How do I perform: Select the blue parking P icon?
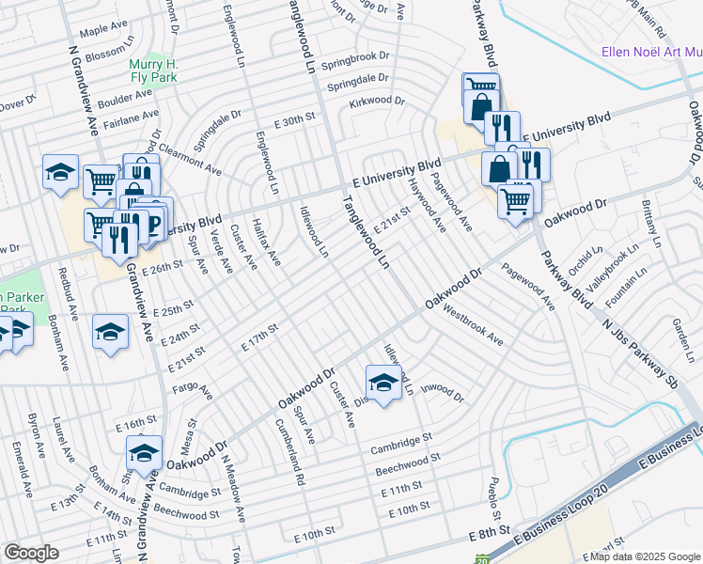[155, 226]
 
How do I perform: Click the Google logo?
[32, 553]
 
